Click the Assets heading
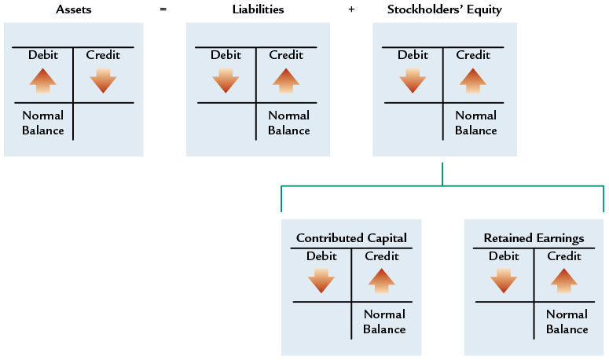[x=73, y=9]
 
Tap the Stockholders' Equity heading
[x=444, y=9]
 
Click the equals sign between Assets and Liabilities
[x=162, y=9]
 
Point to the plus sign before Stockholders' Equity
[x=350, y=9]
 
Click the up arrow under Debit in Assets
[x=43, y=80]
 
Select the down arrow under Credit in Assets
[x=103, y=80]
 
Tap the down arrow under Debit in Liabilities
[x=226, y=80]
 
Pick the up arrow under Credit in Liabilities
[x=285, y=80]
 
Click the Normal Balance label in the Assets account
[x=43, y=123]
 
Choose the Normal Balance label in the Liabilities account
[x=288, y=123]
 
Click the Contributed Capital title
[x=351, y=237]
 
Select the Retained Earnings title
[x=534, y=237]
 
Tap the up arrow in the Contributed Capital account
[x=381, y=280]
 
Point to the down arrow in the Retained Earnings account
[x=504, y=280]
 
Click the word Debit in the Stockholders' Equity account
[x=413, y=55]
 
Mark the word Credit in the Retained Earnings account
[x=563, y=256]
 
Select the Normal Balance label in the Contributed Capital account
[x=384, y=321]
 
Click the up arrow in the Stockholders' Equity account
[x=472, y=80]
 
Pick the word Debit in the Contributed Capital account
[x=321, y=256]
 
